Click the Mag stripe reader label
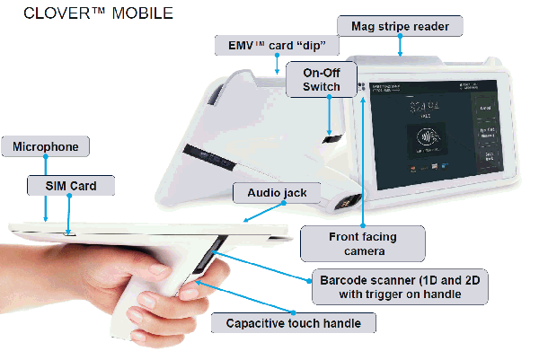400,26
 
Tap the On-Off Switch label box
322,79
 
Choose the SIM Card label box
71,187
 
